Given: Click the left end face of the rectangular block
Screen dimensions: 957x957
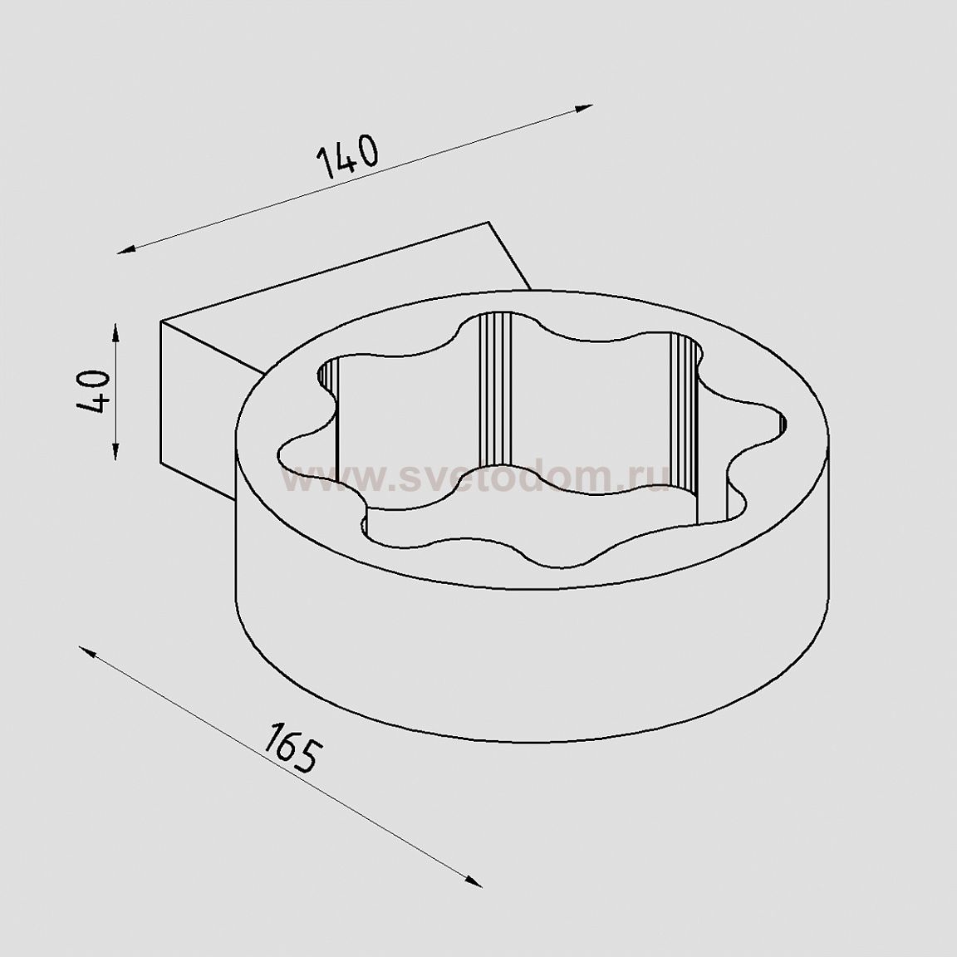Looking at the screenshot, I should [191, 407].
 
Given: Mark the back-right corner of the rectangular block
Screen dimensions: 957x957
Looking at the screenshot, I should [490, 223].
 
